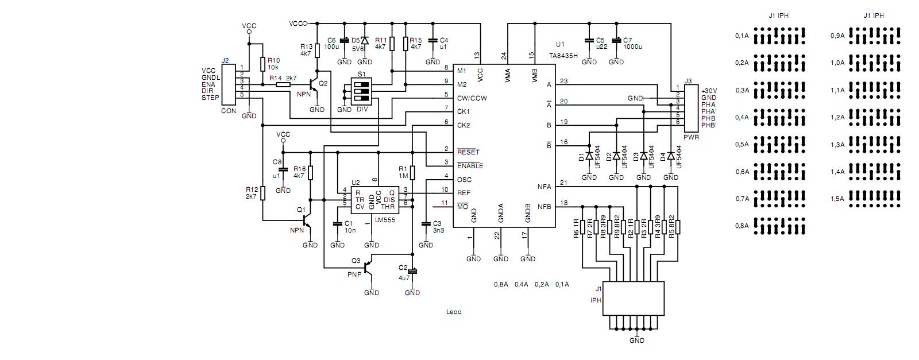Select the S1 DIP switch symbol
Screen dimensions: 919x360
[x=361, y=91]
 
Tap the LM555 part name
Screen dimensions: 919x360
[x=385, y=220]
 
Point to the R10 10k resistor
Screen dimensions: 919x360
[x=262, y=64]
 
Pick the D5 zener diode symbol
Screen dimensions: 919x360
[x=364, y=40]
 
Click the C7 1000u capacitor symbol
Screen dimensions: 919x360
[x=616, y=41]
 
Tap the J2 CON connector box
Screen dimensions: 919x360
[x=229, y=84]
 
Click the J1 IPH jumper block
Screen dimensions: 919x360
[x=633, y=299]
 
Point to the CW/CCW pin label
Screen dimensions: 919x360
[x=472, y=98]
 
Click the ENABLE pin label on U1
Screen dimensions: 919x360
[x=470, y=166]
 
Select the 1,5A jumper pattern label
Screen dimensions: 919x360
[x=837, y=199]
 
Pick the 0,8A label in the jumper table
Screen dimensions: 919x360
[x=742, y=226]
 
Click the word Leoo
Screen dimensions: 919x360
[x=454, y=312]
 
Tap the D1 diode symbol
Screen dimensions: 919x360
[x=589, y=156]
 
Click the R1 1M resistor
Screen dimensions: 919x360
[x=412, y=173]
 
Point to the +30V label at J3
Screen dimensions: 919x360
[x=709, y=91]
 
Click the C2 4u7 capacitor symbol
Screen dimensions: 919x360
[x=412, y=272]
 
